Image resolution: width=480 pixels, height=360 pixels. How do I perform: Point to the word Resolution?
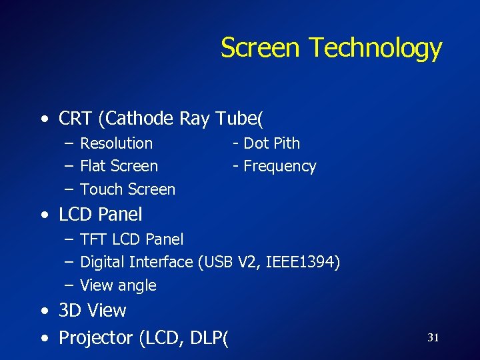116,143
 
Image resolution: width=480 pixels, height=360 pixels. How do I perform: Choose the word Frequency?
280,166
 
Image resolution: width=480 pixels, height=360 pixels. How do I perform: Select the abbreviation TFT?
93,239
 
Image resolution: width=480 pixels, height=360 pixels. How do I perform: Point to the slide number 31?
433,338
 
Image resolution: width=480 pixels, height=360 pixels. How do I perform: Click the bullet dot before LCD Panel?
44,215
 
